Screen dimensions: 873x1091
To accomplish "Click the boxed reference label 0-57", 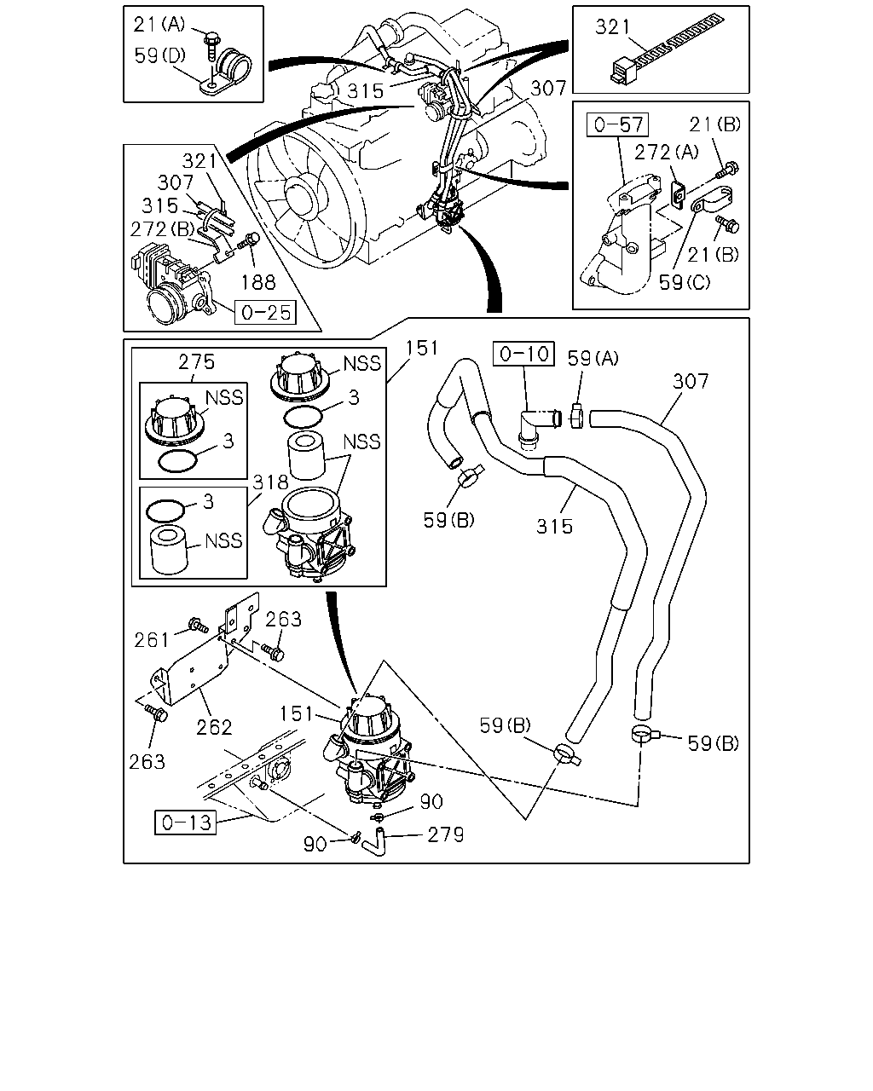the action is coord(617,124).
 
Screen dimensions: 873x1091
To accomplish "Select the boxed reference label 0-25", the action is coord(265,312).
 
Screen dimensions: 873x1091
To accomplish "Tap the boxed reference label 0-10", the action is coord(524,354).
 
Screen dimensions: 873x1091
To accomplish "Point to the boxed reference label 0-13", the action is coord(186,823).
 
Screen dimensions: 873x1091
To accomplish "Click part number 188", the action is coord(258,282).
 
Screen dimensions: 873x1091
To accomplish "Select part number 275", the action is coord(196,362).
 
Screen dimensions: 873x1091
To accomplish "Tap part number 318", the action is coord(270,482).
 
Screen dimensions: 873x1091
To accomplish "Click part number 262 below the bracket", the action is coord(214,728).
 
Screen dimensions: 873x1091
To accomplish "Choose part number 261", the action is coord(152,640).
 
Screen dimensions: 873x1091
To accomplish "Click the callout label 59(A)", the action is coord(593,359).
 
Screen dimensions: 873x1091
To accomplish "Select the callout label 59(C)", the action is coord(685,282).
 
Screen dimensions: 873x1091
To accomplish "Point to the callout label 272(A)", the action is coord(666,152).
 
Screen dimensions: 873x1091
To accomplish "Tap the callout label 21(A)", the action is coord(159,24).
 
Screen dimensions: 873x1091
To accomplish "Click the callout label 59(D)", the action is coord(159,55).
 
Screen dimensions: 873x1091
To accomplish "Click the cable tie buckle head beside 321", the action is coord(623,71).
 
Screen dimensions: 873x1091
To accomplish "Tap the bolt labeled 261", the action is coord(197,625).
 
